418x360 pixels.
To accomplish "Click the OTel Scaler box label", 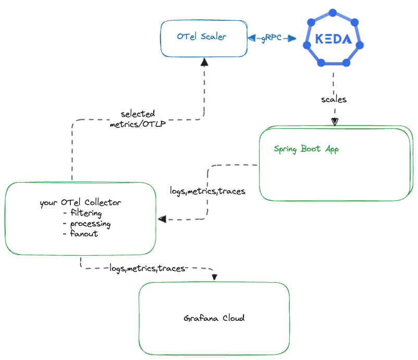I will (x=201, y=38).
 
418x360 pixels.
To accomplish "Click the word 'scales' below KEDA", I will (x=334, y=99).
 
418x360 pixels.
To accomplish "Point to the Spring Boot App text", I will (x=306, y=149).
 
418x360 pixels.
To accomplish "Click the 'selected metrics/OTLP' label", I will (x=138, y=119).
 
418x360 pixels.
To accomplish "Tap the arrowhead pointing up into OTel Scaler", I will (x=204, y=62).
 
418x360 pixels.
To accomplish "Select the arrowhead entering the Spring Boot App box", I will (x=335, y=122).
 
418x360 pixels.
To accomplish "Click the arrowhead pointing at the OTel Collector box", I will (x=163, y=219).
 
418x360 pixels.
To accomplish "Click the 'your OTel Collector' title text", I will (x=80, y=203).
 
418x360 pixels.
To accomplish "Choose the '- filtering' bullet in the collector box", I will (x=82, y=213).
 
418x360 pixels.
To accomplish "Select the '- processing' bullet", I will (x=86, y=223).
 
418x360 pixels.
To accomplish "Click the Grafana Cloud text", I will (x=214, y=318).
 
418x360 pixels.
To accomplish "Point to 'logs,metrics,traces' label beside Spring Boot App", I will (x=207, y=191).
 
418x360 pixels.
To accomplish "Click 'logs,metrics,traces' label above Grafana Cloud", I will (x=147, y=268).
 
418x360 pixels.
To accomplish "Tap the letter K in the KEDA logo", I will (x=318, y=40).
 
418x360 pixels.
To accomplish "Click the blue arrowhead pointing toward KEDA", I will (x=292, y=39).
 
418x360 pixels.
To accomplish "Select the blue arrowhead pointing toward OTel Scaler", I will (x=251, y=38).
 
